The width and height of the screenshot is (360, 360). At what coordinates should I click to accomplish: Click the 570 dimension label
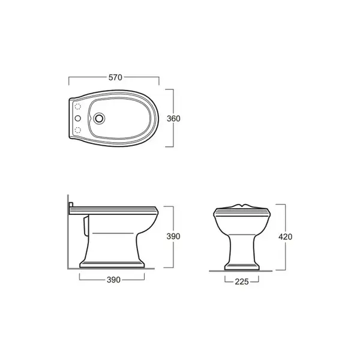click(115, 77)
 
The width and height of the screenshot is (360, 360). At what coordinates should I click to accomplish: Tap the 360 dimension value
click(173, 118)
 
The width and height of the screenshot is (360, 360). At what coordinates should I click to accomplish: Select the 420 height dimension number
click(286, 237)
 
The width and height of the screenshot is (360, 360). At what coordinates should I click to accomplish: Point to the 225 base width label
click(242, 281)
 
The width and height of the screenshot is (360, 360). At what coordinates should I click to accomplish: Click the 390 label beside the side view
click(173, 236)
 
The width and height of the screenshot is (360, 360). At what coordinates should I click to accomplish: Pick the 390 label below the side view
click(113, 280)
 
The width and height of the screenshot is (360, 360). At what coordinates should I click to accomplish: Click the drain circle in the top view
click(99, 118)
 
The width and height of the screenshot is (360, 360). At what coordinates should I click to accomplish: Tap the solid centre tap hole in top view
click(78, 118)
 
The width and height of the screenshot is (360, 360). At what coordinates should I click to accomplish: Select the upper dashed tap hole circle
click(78, 107)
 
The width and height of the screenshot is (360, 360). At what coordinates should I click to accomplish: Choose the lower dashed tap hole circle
click(78, 130)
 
